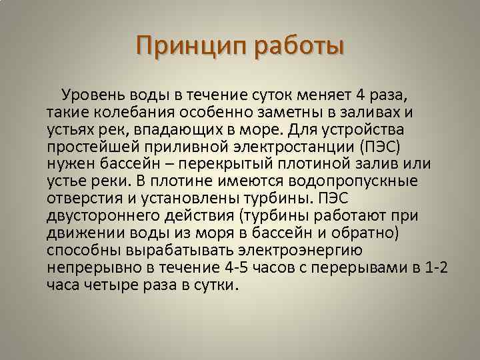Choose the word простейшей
(x=91, y=145)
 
